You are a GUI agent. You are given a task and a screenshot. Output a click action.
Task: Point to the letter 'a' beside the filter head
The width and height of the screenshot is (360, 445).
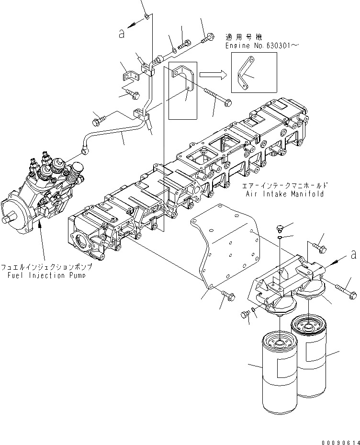353,254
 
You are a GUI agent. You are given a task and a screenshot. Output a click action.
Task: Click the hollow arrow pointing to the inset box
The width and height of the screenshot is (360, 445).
213,74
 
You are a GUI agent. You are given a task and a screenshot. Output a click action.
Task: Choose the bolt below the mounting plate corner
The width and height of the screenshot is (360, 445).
228,297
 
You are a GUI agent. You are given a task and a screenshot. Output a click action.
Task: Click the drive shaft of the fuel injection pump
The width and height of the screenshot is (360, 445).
7,219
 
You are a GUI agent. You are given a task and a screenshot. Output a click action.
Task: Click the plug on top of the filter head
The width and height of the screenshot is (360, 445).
281,227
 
